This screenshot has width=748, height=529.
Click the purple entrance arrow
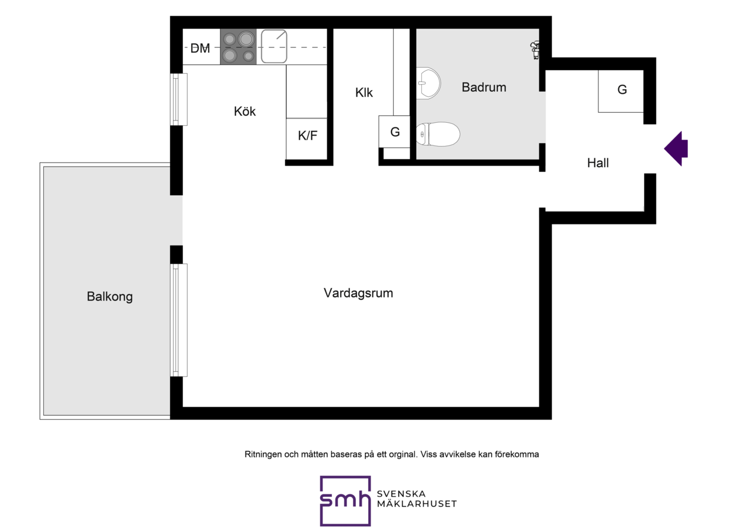tap(676, 148)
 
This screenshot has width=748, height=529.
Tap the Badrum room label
tap(484, 87)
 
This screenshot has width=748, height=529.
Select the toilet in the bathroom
tap(438, 134)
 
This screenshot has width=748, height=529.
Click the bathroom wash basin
tap(428, 83)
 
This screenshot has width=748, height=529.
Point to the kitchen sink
tap(274, 46)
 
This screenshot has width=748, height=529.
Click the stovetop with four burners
tap(238, 46)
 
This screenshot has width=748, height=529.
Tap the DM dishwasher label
tap(200, 48)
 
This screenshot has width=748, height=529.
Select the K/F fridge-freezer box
tap(307, 139)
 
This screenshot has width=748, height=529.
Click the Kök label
tap(245, 111)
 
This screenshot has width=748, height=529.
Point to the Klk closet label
tap(364, 92)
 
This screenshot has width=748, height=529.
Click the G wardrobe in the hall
tap(621, 91)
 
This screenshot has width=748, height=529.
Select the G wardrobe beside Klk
tap(394, 132)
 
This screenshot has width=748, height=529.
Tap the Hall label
tap(598, 163)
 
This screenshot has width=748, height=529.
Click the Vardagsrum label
tap(358, 293)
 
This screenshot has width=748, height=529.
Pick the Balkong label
tap(109, 296)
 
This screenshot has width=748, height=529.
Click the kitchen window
tap(179, 99)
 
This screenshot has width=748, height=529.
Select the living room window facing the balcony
tap(179, 320)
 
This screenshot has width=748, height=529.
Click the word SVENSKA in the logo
tap(401, 494)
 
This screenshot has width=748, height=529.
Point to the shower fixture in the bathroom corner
tap(535, 50)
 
